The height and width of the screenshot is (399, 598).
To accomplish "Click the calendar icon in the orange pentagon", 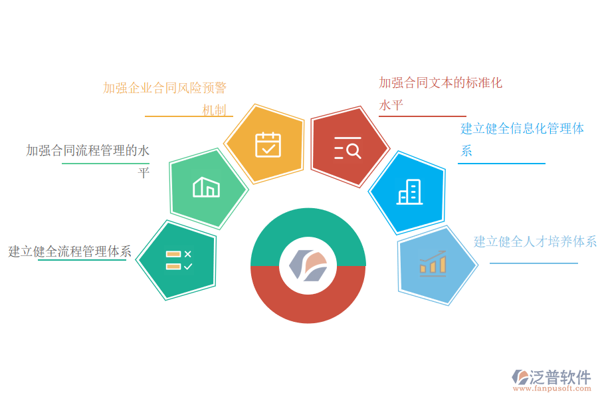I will click(x=268, y=144).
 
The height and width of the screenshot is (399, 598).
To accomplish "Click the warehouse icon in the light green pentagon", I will click(x=206, y=187).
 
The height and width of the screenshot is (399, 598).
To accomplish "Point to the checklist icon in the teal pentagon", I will click(x=179, y=260).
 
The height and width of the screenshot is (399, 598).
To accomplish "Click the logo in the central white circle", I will click(x=308, y=265).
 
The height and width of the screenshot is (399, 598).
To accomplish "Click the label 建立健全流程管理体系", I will click(x=70, y=251).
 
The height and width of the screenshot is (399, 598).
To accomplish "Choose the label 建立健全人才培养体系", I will click(x=535, y=241).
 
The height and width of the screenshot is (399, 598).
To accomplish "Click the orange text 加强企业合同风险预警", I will click(x=165, y=88).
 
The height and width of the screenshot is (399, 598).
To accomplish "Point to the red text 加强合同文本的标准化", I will click(x=441, y=83).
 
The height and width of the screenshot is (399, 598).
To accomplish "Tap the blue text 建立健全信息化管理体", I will click(x=522, y=129).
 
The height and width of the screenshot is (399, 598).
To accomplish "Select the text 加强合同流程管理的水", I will click(x=88, y=151).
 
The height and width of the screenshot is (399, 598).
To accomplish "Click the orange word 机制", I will click(x=214, y=110).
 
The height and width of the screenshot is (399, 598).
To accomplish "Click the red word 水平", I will click(x=391, y=105).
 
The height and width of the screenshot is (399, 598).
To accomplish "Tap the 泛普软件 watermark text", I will click(x=560, y=377).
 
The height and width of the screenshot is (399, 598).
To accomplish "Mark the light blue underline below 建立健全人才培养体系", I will click(x=534, y=263).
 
